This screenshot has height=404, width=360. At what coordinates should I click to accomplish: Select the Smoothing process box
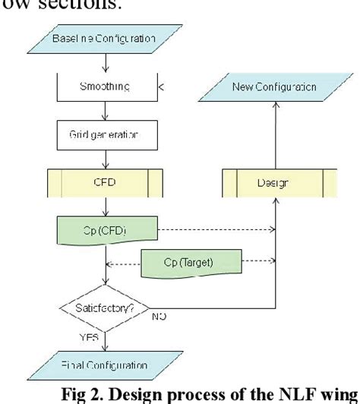click(x=106, y=88)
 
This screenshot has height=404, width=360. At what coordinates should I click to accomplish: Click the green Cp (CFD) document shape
click(x=106, y=229)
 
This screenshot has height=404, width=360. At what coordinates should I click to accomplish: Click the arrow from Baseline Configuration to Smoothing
click(x=106, y=62)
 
